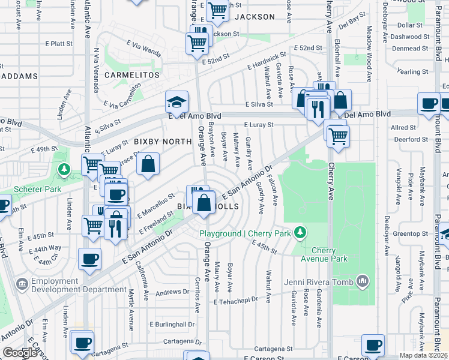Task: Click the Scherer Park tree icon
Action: click(64, 170)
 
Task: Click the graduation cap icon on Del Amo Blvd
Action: click(177, 101)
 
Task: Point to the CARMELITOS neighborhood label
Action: click(132, 75)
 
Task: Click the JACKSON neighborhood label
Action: click(254, 17)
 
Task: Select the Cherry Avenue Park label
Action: click(330, 254)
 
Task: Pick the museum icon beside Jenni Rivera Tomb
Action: click(363, 280)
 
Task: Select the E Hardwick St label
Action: click(264, 62)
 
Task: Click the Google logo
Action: click(21, 353)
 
